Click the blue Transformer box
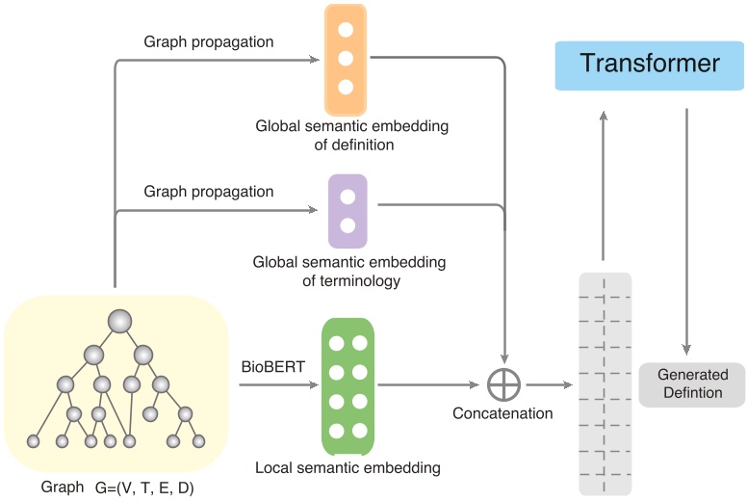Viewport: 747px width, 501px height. [650, 65]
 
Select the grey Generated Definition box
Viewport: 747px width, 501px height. [691, 383]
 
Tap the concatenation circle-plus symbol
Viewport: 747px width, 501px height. [503, 384]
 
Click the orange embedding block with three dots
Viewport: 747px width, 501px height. [346, 59]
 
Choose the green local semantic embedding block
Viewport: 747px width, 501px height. [348, 385]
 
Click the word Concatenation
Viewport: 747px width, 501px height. [502, 413]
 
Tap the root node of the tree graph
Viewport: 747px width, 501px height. [119, 321]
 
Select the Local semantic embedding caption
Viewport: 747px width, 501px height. [348, 468]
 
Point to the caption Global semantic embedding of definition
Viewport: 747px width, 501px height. [351, 135]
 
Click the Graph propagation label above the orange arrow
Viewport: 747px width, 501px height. [209, 42]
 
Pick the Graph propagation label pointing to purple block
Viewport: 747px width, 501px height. [209, 192]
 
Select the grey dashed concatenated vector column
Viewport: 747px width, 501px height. [604, 383]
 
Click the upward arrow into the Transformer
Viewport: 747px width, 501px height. [604, 183]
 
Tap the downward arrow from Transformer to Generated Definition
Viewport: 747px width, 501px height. [686, 231]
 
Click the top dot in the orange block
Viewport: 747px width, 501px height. [346, 30]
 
